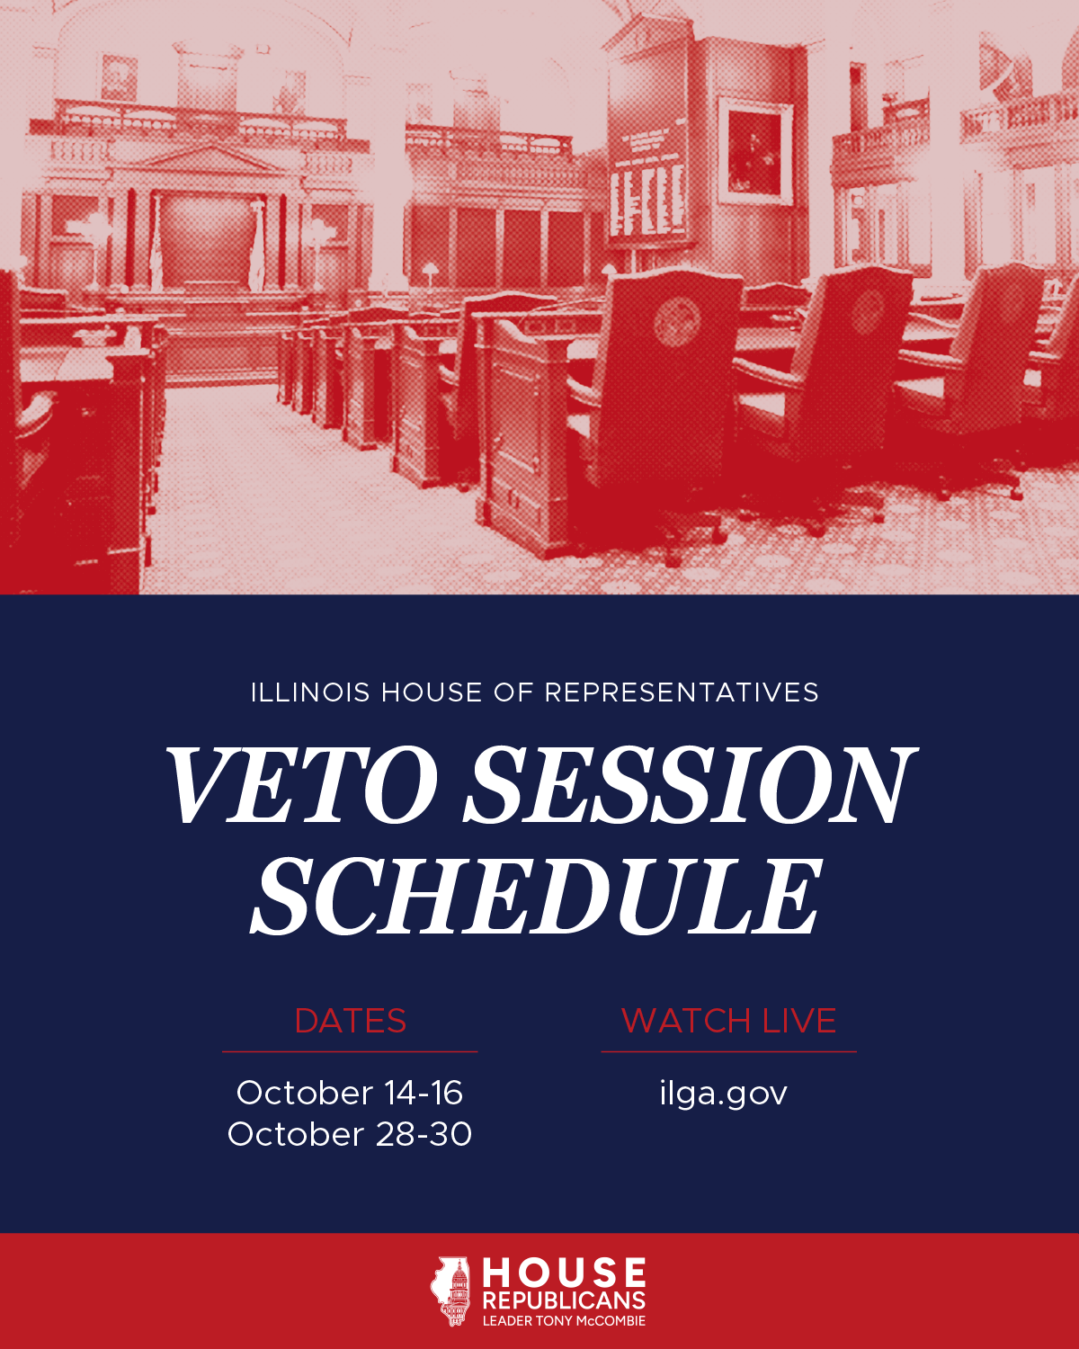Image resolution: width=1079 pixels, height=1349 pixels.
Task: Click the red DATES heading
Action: [351, 1021]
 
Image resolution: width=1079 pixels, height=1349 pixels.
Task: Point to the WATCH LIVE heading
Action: [728, 1021]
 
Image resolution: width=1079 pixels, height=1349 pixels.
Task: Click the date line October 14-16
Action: [350, 1094]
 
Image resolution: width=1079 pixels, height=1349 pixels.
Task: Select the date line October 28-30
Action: [350, 1135]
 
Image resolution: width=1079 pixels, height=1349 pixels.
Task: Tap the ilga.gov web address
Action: [724, 1094]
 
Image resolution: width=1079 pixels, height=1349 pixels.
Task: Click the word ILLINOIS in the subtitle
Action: [310, 692]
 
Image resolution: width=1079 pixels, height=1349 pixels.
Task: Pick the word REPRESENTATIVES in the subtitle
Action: [682, 692]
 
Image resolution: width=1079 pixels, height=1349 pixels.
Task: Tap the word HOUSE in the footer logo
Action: [564, 1273]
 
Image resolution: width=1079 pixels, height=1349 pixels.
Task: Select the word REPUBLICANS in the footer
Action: [564, 1300]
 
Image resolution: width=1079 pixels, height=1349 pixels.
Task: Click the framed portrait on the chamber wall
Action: [755, 151]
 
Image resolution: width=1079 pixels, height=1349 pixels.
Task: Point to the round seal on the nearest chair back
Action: [677, 322]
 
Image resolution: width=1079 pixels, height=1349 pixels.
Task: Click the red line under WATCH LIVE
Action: [728, 1052]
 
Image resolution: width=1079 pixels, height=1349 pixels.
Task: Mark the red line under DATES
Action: [350, 1052]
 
